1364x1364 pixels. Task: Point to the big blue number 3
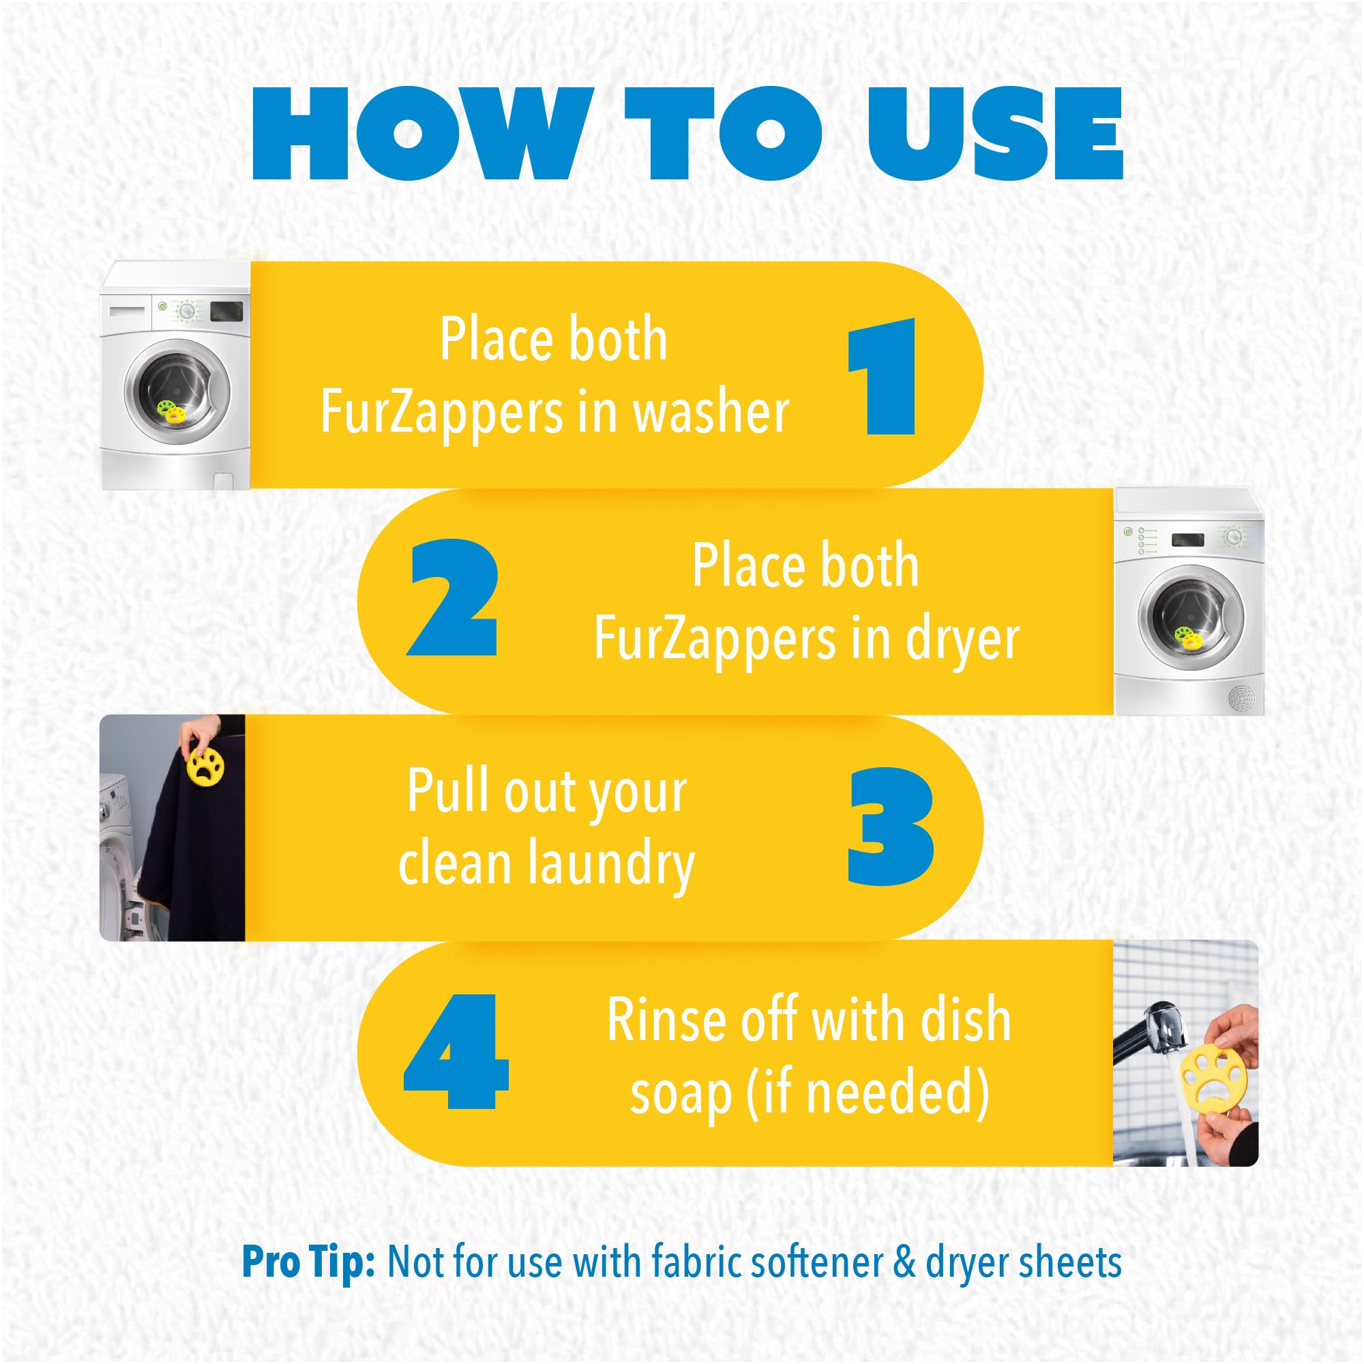(890, 827)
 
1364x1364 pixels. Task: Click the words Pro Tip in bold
(308, 1262)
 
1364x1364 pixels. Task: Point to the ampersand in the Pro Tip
(904, 1262)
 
